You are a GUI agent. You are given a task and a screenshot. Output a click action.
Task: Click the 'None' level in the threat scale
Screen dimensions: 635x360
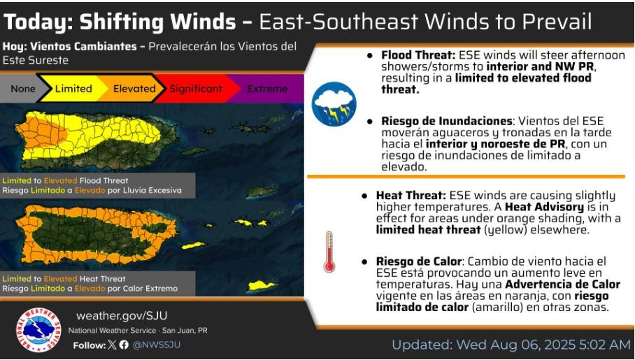(23, 89)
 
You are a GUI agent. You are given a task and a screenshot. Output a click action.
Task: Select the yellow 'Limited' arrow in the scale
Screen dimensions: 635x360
(73, 89)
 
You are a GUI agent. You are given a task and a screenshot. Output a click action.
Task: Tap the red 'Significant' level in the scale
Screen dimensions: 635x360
(196, 89)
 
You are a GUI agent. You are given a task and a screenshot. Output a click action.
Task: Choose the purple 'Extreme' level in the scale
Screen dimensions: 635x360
(267, 89)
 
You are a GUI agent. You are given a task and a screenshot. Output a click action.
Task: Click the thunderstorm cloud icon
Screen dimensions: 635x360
(334, 103)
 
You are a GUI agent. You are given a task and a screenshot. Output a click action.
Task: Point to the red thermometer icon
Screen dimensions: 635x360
(329, 252)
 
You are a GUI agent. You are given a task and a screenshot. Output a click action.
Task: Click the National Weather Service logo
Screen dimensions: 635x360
(38, 330)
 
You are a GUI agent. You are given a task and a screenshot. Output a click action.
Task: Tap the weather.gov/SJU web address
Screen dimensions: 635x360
(122, 316)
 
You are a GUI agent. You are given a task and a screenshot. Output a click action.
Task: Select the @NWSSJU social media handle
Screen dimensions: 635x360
(157, 345)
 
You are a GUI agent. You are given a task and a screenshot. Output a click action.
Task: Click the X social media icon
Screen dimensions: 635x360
(113, 345)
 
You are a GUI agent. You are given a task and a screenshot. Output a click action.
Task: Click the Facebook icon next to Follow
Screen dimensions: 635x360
(124, 345)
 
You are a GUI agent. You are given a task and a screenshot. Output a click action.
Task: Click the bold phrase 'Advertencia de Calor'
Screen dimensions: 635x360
(562, 285)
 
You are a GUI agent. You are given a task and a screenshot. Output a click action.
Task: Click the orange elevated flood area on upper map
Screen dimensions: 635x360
(41, 134)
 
